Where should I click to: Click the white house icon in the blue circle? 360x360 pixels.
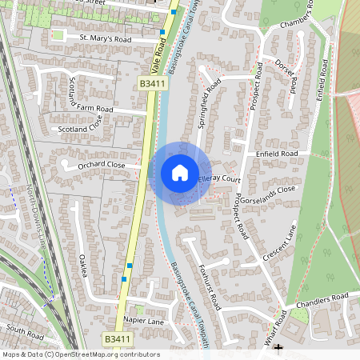pyautogui.click(x=179, y=172)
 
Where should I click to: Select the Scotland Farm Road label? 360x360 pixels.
pyautogui.click(x=103, y=109)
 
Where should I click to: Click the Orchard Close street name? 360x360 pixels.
pyautogui.click(x=102, y=165)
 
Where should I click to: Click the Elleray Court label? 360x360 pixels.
pyautogui.click(x=218, y=179)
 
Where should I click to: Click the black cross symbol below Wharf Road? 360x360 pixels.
pyautogui.click(x=278, y=348)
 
